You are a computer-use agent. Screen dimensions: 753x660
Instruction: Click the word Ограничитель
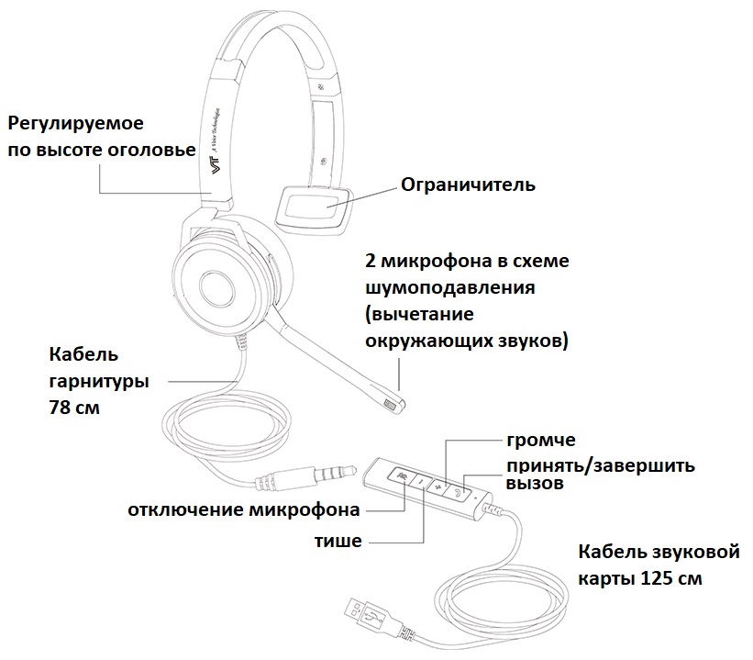(468, 185)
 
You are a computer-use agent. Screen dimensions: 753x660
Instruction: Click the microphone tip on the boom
(393, 405)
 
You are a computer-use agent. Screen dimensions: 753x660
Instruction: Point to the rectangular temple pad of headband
(313, 209)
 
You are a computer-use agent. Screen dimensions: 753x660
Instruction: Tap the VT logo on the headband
(215, 165)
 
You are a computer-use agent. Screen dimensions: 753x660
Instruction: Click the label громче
(541, 440)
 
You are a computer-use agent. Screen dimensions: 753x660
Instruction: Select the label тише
(338, 541)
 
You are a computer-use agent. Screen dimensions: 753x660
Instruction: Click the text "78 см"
(74, 408)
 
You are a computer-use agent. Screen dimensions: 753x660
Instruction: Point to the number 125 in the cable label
(656, 578)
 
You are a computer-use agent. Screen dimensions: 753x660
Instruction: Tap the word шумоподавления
(450, 288)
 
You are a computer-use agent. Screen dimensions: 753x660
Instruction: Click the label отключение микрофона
(244, 509)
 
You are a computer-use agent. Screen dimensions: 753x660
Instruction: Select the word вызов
(535, 483)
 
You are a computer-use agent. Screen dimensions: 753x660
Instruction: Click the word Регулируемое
(76, 124)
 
